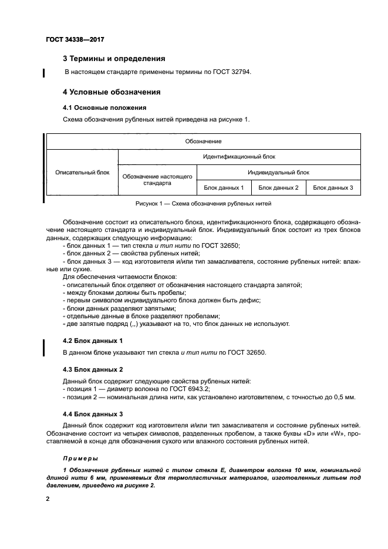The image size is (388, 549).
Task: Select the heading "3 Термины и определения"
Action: [114, 59]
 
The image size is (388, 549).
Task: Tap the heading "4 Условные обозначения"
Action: [112, 92]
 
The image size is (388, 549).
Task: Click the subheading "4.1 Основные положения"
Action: [100, 108]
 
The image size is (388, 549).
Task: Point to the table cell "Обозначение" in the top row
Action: [203, 142]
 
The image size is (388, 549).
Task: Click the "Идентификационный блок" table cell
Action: [239, 157]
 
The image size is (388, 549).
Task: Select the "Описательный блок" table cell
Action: [82, 173]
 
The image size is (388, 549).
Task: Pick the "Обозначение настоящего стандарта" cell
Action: [157, 180]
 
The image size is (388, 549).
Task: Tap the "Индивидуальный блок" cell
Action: [278, 173]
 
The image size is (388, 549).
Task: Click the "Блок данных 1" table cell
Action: [224, 188]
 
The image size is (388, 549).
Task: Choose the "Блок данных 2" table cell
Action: [278, 188]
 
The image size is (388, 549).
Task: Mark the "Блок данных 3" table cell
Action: [333, 188]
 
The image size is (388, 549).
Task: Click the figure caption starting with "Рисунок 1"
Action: [203, 204]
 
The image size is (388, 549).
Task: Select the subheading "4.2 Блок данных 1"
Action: [93, 341]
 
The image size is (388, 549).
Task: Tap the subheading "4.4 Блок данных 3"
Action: [93, 413]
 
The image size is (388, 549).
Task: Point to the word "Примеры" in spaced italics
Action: [80, 457]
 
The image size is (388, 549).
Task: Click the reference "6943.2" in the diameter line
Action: [198, 389]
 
